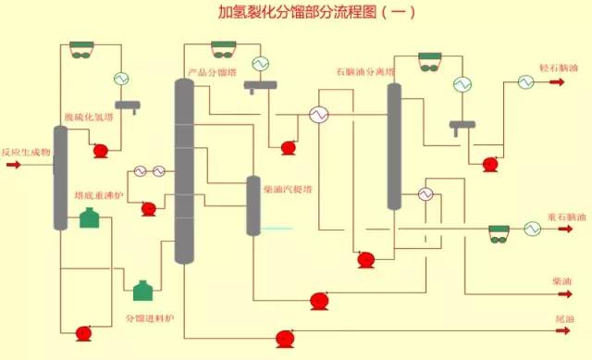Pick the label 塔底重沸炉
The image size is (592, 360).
(93, 195)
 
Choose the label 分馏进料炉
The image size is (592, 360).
(150, 318)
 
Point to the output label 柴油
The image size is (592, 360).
(561, 279)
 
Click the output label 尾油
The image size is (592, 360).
(563, 319)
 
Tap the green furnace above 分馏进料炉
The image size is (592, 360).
(142, 291)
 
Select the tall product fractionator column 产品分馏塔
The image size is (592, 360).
(185, 171)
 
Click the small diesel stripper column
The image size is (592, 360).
(253, 205)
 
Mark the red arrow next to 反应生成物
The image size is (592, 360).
(14, 166)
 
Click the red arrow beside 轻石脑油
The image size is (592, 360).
(558, 82)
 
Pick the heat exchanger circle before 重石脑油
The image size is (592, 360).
(532, 228)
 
